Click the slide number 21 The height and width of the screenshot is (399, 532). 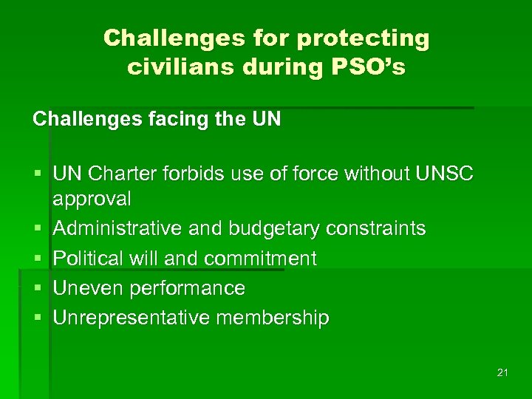[x=502, y=372]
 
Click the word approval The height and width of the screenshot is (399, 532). [x=92, y=199]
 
